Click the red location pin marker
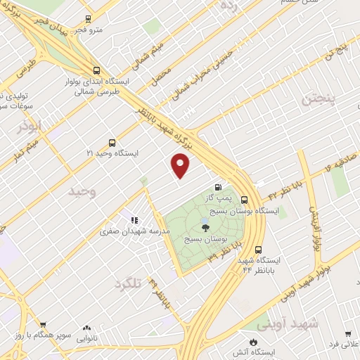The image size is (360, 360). pos(181,165)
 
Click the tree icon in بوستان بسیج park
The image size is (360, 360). pos(205,227)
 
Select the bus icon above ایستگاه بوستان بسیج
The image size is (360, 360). pos(244,200)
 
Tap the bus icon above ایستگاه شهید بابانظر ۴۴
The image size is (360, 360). pos(258,249)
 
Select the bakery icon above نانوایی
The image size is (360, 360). pos(86,328)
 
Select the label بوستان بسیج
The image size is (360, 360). pos(205,239)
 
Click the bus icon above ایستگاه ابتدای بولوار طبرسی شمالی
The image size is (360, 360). pos(96,70)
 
